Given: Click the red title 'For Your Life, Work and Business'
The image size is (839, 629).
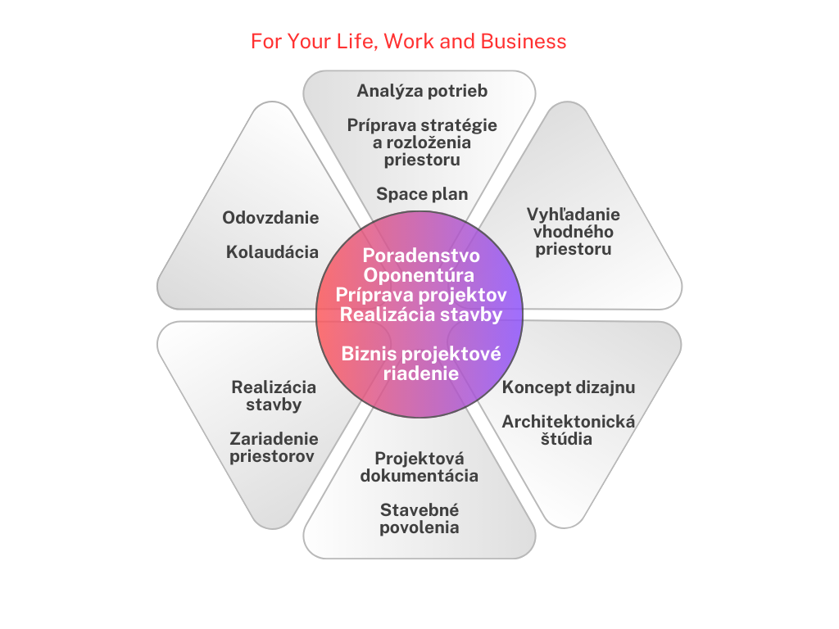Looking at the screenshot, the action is click(408, 41).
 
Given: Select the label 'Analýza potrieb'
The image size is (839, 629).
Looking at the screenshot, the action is click(422, 91).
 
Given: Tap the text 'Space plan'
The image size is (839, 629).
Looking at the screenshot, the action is click(422, 193).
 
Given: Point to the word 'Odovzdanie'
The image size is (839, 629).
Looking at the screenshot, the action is click(270, 218).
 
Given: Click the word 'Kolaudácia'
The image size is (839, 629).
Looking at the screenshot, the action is click(272, 252).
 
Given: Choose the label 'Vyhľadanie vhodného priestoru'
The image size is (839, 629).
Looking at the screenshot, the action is click(574, 232).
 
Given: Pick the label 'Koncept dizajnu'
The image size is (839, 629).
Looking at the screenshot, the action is click(569, 387).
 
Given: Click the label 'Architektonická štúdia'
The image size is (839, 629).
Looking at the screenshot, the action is click(569, 430).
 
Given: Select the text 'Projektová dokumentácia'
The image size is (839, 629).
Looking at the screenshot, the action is click(419, 467).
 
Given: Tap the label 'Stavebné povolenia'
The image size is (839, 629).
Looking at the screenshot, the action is click(419, 518).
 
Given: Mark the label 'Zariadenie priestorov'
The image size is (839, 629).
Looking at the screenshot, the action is click(274, 447).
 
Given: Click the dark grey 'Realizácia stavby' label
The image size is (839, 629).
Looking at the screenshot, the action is click(274, 396).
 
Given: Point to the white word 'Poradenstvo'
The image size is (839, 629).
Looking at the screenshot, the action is click(421, 256).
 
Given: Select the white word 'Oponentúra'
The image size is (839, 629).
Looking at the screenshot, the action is click(419, 275).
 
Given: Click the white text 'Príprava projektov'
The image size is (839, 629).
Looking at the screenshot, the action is click(421, 295).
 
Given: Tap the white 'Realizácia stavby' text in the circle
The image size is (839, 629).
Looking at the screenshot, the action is click(421, 314).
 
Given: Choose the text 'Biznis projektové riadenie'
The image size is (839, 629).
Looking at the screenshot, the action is click(421, 363).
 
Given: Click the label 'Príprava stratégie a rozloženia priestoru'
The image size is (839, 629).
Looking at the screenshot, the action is click(422, 143).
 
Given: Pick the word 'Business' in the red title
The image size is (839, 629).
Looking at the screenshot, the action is click(524, 41).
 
